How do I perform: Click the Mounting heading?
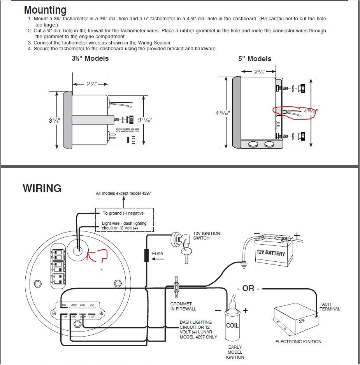[45, 10]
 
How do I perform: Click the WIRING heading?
[42, 189]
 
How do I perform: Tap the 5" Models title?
[255, 59]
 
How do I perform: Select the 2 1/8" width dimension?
[91, 84]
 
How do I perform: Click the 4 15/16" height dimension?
[223, 113]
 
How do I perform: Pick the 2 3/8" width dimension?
[258, 71]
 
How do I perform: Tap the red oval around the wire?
[294, 111]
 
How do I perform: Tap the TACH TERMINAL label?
[330, 307]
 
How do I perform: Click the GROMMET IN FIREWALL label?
[183, 306]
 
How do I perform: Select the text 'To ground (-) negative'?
[123, 213]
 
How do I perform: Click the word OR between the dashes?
[248, 288]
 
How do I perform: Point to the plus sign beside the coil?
[246, 310]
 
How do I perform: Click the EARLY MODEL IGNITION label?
[235, 352]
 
